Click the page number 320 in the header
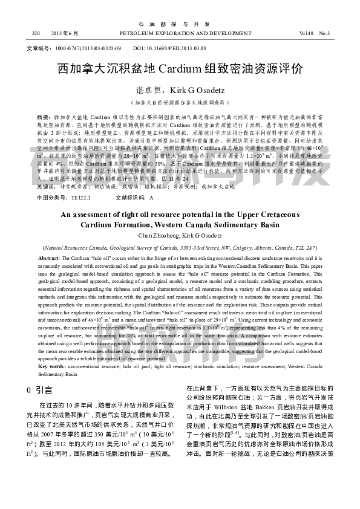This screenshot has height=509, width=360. (36, 33)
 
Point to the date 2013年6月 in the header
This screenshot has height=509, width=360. (65, 33)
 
